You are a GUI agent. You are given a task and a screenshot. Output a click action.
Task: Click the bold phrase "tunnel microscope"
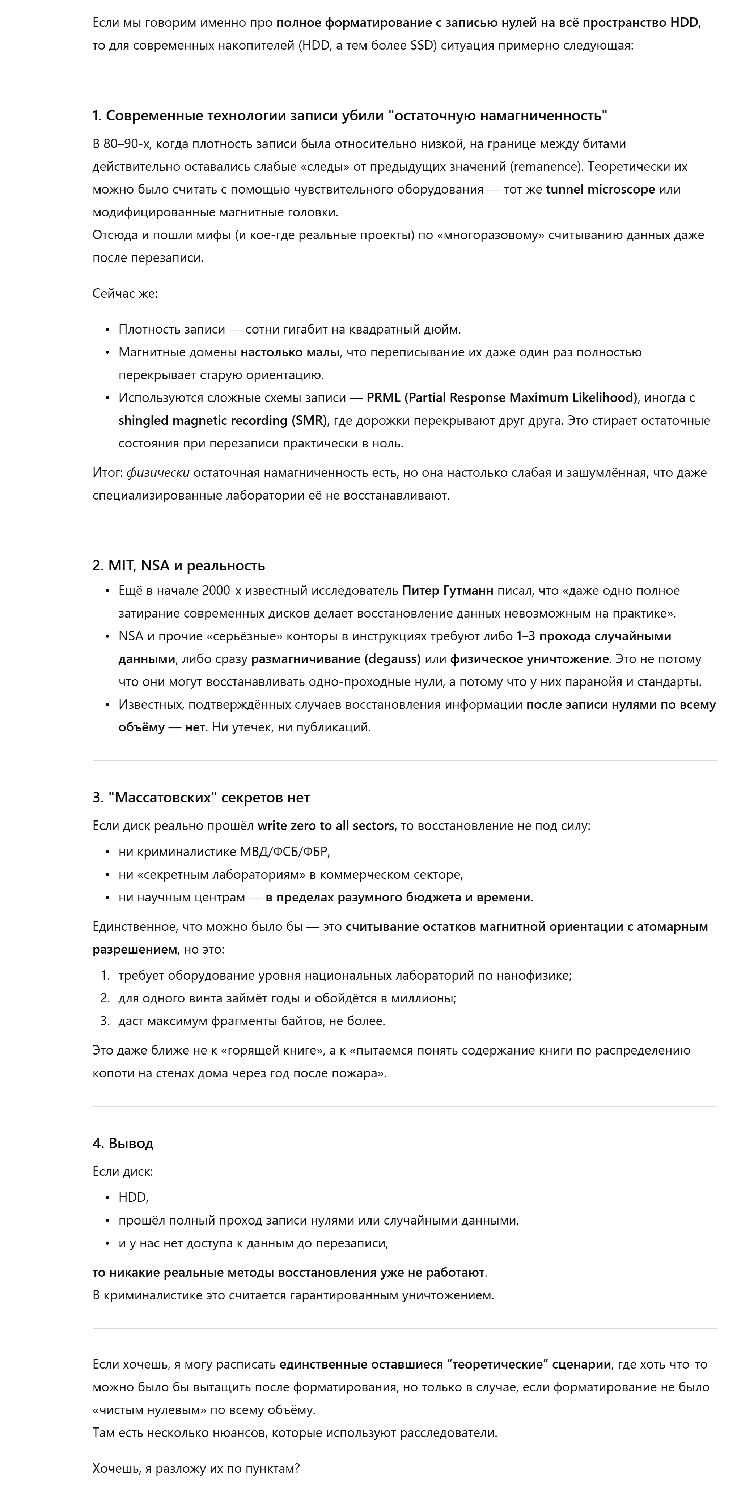(600, 189)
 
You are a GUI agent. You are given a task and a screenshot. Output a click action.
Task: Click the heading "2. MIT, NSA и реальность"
(179, 565)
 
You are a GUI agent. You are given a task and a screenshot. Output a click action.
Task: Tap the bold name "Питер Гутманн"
(447, 590)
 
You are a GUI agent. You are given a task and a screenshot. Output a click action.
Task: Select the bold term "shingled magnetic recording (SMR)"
(223, 420)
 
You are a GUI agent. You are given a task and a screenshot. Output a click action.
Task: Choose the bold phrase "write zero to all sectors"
(326, 826)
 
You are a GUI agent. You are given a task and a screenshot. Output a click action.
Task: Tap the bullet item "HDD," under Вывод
(133, 1197)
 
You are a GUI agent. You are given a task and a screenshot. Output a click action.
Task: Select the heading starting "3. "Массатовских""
(201, 797)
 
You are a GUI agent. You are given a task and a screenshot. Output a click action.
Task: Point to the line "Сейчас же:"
(125, 293)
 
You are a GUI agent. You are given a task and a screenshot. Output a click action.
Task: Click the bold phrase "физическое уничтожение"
(529, 659)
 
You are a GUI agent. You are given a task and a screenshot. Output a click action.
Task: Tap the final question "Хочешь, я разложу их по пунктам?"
(196, 1468)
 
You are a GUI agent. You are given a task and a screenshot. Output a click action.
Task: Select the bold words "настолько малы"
(289, 352)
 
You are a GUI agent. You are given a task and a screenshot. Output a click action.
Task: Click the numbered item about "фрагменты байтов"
(251, 1021)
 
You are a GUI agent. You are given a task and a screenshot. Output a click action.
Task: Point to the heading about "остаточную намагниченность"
(350, 115)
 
